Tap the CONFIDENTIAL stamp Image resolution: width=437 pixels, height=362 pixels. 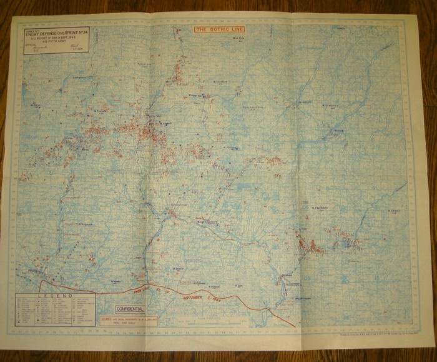[x=130, y=309]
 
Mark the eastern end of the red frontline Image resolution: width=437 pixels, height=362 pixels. [x=293, y=324]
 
